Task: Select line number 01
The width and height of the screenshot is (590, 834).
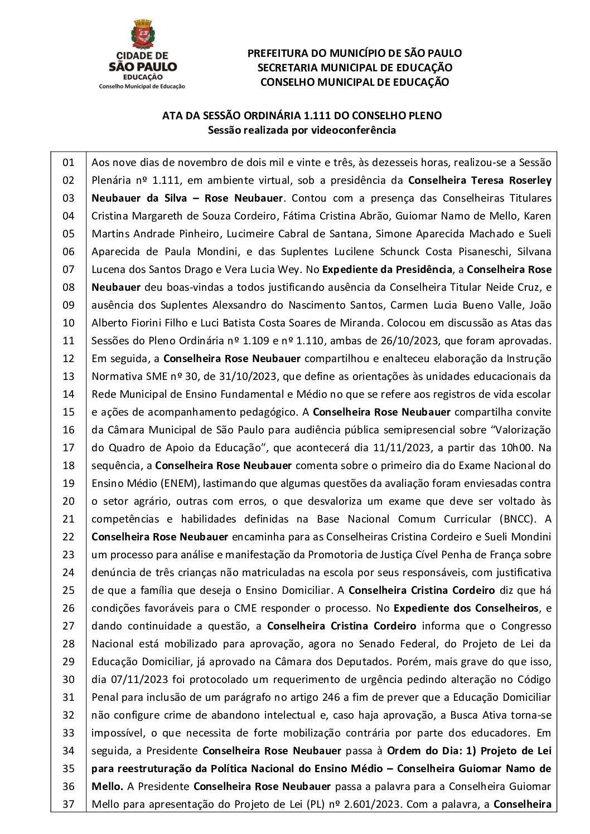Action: click(x=68, y=163)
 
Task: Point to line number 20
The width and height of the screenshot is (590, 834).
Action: click(x=68, y=501)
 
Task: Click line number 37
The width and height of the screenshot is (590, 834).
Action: click(x=68, y=804)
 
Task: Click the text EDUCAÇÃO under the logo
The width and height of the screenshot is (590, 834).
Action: click(x=143, y=77)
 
